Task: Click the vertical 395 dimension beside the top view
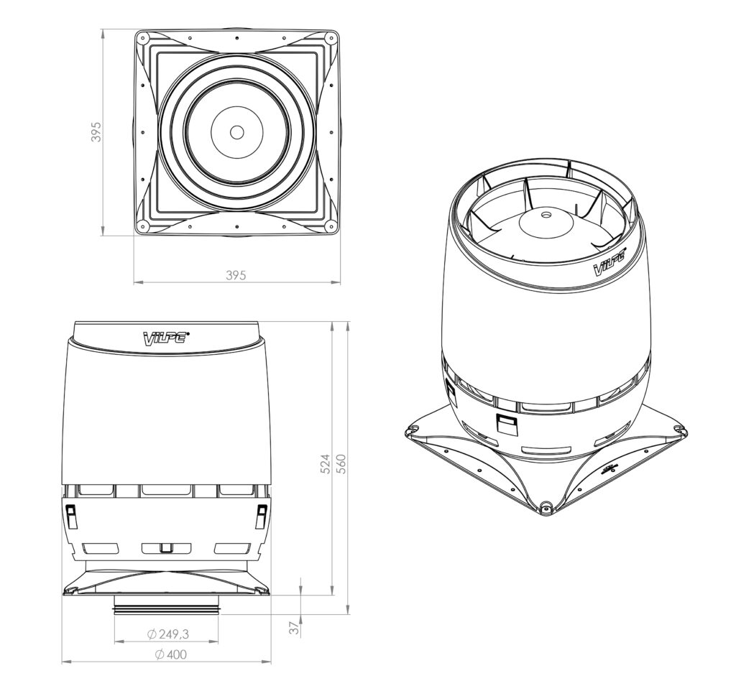(x=96, y=132)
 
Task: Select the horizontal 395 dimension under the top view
(x=236, y=275)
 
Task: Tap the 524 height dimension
(x=325, y=464)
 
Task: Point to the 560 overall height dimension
(x=341, y=464)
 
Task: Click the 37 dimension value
(x=293, y=627)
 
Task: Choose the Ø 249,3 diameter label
(x=172, y=634)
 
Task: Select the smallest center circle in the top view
(x=236, y=132)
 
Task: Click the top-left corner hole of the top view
(x=142, y=37)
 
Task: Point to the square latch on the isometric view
(x=506, y=424)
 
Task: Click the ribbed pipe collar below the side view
(x=166, y=609)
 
